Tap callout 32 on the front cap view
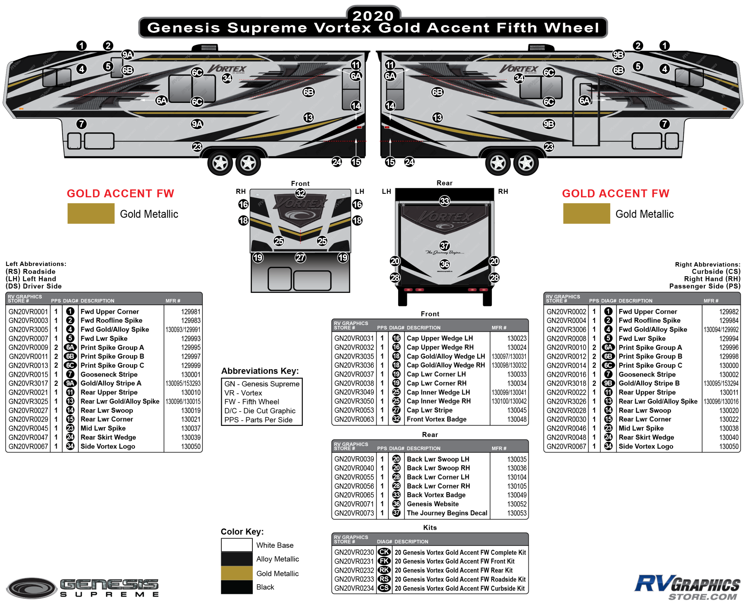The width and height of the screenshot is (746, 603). (300, 193)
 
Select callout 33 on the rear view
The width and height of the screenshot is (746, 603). (444, 201)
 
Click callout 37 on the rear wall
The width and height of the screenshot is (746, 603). (444, 245)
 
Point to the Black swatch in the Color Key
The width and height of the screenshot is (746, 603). (237, 587)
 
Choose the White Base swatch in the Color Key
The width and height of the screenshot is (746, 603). (237, 545)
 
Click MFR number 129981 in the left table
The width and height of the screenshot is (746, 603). (191, 312)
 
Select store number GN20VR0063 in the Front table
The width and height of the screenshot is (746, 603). (354, 419)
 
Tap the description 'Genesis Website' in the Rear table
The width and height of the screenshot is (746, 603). (433, 504)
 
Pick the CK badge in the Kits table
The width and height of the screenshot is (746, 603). (384, 552)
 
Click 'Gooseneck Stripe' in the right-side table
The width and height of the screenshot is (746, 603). (647, 375)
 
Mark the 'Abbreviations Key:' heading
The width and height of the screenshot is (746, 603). (260, 371)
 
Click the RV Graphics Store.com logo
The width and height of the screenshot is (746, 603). (687, 587)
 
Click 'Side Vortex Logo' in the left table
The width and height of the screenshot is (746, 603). (108, 446)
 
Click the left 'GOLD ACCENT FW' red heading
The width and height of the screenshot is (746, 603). (120, 194)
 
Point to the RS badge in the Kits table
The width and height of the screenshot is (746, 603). (384, 579)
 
